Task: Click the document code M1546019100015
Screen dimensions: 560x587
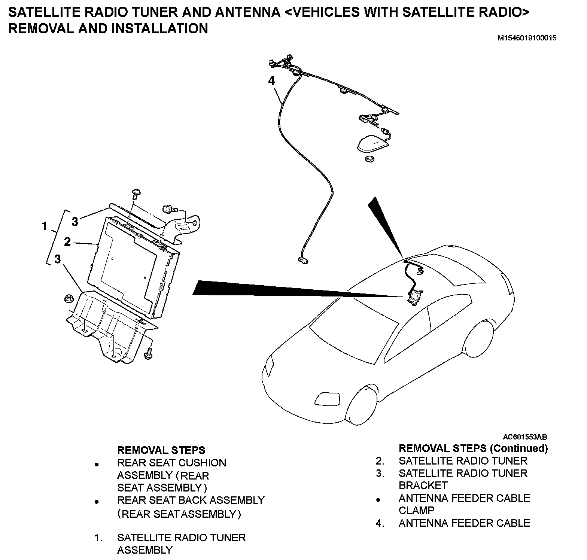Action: (x=526, y=38)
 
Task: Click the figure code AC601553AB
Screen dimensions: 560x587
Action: (x=525, y=437)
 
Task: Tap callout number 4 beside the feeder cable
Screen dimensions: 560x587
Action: (x=271, y=80)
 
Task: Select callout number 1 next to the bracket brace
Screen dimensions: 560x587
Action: (x=45, y=226)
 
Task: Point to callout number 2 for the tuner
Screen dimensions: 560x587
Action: (x=67, y=242)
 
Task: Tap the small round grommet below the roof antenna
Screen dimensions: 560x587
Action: (x=369, y=159)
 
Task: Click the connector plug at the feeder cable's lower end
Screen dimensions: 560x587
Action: (x=303, y=260)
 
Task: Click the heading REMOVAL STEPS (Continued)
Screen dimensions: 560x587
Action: (x=473, y=448)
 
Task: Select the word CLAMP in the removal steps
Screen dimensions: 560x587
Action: (x=416, y=511)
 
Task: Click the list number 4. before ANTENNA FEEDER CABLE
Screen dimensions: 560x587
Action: (x=380, y=523)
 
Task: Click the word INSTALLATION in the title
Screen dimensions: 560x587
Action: (x=159, y=28)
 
